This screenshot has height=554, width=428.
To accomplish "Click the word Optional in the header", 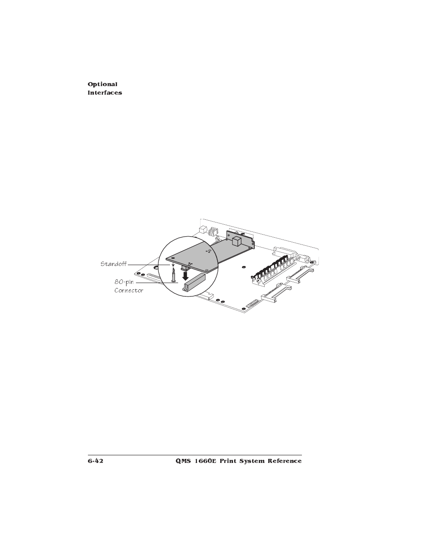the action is click(102, 84).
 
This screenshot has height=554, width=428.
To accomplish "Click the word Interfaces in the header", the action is click(105, 93).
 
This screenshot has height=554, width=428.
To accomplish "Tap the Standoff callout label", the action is click(113, 264).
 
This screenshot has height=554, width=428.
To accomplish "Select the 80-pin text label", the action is click(124, 282).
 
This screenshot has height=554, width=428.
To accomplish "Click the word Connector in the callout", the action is click(129, 290).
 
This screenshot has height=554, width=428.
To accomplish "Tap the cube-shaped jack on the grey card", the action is click(237, 241).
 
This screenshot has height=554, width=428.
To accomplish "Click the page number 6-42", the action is click(96, 461).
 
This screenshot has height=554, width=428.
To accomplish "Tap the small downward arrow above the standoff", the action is click(173, 266).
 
